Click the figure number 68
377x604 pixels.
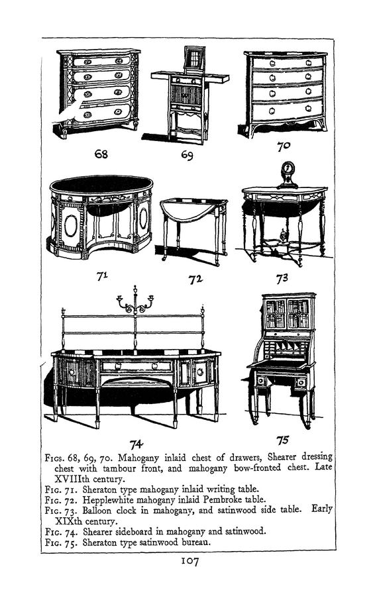pos(101,154)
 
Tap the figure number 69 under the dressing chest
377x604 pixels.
pos(187,155)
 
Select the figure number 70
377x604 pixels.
pos(284,146)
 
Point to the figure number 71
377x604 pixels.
pos(102,276)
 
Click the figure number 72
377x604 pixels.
pos(195,279)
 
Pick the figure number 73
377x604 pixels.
pos(282,278)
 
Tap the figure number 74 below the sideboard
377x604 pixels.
pos(136,444)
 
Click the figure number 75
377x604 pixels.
pos(282,440)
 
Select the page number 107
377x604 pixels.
pos(189,561)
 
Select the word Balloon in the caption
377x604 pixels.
pos(97,511)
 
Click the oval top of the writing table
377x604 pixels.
pos(101,185)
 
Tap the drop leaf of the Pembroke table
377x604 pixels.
pos(185,209)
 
